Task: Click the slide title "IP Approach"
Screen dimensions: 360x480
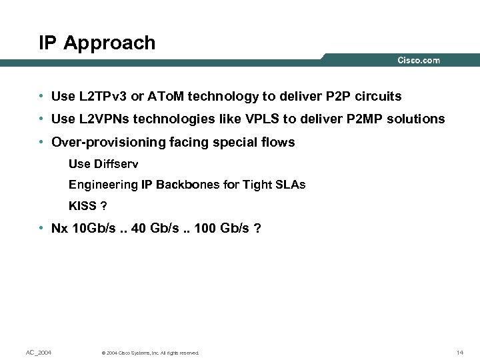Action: point(97,43)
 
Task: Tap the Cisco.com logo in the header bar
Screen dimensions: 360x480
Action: point(419,60)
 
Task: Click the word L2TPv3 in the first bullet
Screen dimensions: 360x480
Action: point(103,97)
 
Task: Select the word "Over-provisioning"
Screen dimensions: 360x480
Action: point(100,142)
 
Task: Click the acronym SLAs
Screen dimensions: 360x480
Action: point(291,185)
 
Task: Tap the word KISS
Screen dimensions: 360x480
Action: point(82,205)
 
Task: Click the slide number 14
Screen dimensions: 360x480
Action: point(459,352)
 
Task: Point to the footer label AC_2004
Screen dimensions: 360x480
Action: point(39,352)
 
